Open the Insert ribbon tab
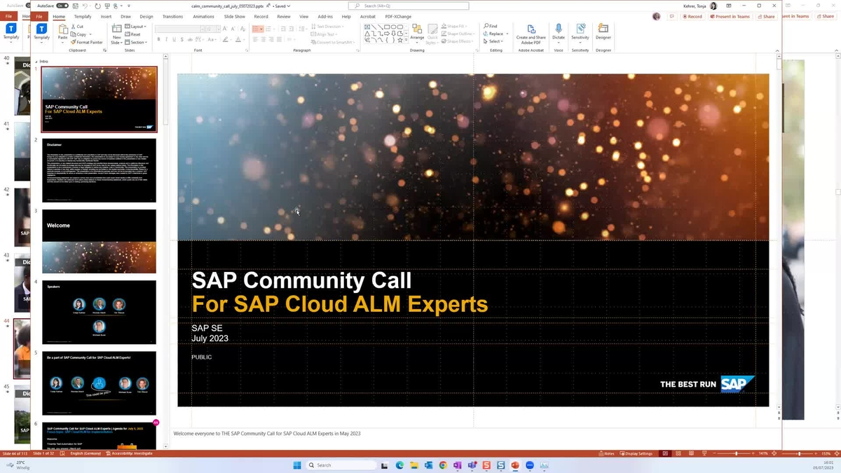(106, 16)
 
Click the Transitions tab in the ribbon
(172, 16)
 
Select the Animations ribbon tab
(203, 16)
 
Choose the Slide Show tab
(235, 16)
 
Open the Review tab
(284, 16)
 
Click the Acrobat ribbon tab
(367, 16)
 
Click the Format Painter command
(87, 42)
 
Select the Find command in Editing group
(491, 26)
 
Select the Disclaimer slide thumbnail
(99, 171)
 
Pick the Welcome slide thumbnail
(99, 241)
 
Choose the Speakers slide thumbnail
(99, 312)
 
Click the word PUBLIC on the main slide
(202, 357)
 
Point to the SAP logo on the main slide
(737, 384)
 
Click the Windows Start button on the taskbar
(297, 465)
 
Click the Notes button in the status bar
(607, 453)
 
